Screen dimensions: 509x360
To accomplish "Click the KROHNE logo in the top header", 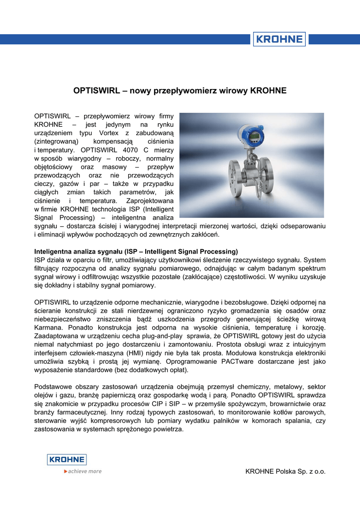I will pyautogui.click(x=279, y=39).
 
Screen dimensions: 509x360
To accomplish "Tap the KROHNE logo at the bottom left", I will pyautogui.click(x=67, y=460).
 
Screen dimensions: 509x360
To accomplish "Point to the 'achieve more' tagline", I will pyautogui.click(x=83, y=471).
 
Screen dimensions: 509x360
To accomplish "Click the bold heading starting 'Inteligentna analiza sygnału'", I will pyautogui.click(x=136, y=251).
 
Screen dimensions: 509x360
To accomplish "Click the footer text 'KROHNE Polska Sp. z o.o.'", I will pyautogui.click(x=285, y=471).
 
